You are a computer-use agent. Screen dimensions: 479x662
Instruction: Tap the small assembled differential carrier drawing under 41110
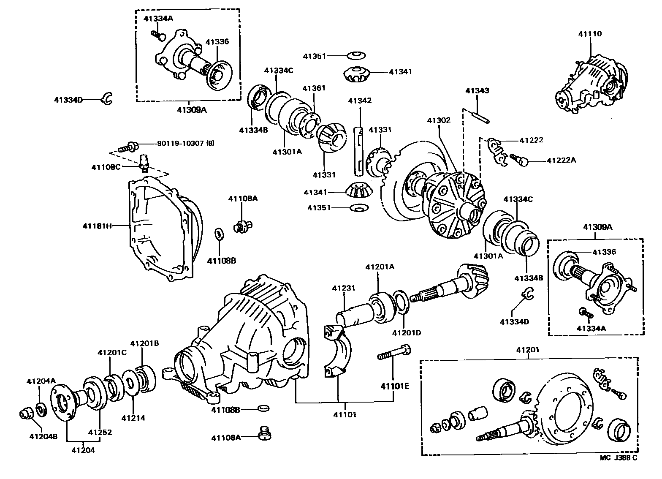click(589, 84)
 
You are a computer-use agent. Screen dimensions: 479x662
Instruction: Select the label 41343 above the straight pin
click(477, 91)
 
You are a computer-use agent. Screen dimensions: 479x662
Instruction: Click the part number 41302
click(439, 120)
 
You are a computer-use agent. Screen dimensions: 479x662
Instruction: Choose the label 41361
click(314, 88)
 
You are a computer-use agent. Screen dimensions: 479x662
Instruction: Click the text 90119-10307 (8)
click(185, 143)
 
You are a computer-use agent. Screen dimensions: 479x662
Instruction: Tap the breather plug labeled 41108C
click(144, 163)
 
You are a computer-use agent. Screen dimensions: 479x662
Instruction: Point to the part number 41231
click(344, 288)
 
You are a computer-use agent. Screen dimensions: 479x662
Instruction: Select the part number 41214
click(133, 418)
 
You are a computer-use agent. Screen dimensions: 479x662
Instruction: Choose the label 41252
click(100, 432)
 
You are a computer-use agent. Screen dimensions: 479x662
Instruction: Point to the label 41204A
click(41, 381)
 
